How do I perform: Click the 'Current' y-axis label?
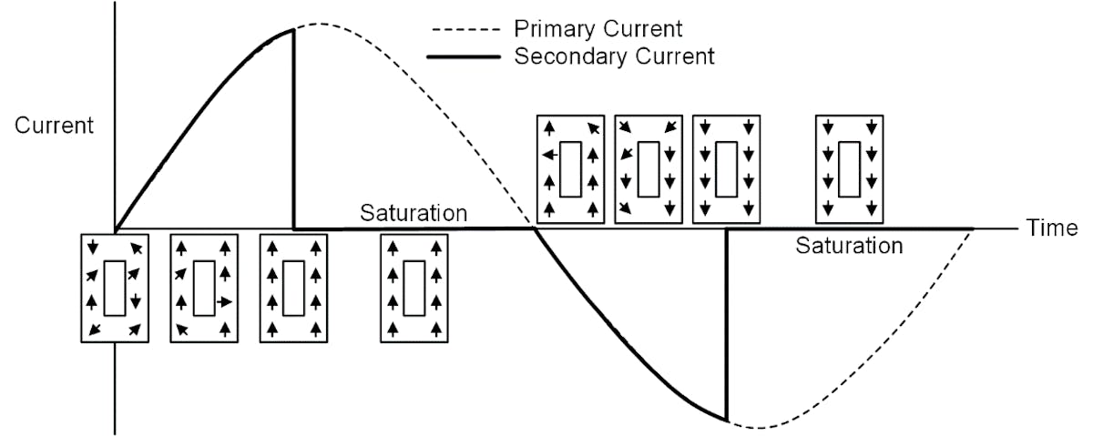coord(54,126)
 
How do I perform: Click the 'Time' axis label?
coord(1053,228)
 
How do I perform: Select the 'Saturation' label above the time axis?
coord(414,214)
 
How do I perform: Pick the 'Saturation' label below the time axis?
coord(849,246)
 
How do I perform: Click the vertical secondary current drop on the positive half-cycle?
coord(293,127)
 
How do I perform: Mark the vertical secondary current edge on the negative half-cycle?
coord(726,323)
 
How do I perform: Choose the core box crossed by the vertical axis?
coord(114,288)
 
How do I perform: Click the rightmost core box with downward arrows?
coord(848,168)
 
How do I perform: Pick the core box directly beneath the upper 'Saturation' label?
coord(414,288)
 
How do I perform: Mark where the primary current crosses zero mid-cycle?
coord(534,228)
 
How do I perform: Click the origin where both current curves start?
coord(115,228)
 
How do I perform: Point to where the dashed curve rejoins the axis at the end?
coord(973,228)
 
